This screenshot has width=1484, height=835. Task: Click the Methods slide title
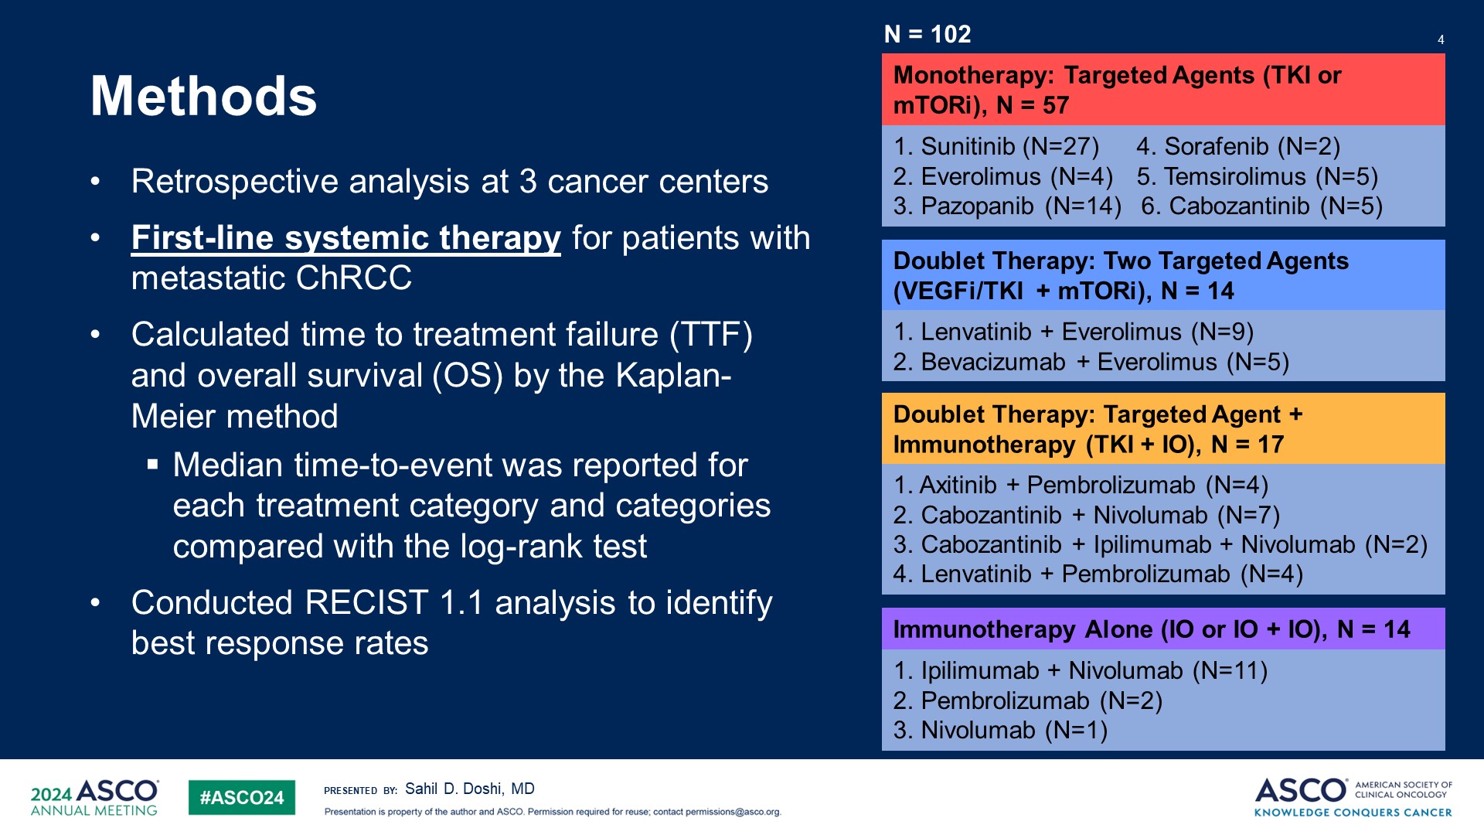coord(203,97)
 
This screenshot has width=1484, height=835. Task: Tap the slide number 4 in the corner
coord(1441,39)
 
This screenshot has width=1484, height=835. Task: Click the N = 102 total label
coord(927,34)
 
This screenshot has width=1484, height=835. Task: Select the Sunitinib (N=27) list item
coord(996,146)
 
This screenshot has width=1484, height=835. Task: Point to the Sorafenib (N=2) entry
coord(1238,146)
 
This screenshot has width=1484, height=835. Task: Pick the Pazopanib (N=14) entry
coord(1006,206)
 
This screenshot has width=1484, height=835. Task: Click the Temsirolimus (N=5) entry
coord(1257,176)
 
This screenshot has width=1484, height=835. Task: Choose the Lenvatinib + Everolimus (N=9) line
coord(1073,332)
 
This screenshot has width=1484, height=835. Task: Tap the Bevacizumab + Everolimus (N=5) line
coord(1091,362)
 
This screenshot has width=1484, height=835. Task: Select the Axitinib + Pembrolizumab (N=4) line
coord(1081,485)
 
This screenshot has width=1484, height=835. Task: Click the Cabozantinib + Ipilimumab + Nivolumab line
coord(1159,544)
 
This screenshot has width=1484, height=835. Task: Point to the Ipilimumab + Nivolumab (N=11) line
coord(1080,670)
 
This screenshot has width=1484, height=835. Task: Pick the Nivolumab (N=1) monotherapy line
coord(1000,730)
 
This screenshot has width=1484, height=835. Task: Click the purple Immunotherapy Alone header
coord(1151,629)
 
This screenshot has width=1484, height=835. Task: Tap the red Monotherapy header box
coord(1162,90)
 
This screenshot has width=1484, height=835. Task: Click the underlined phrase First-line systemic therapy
coord(345,237)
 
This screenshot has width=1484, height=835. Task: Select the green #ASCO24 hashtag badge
coord(241,798)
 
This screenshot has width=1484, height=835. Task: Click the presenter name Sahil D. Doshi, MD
coord(469,789)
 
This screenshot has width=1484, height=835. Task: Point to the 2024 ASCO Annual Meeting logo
coord(94,798)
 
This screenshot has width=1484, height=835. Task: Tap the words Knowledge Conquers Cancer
coord(1353,813)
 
